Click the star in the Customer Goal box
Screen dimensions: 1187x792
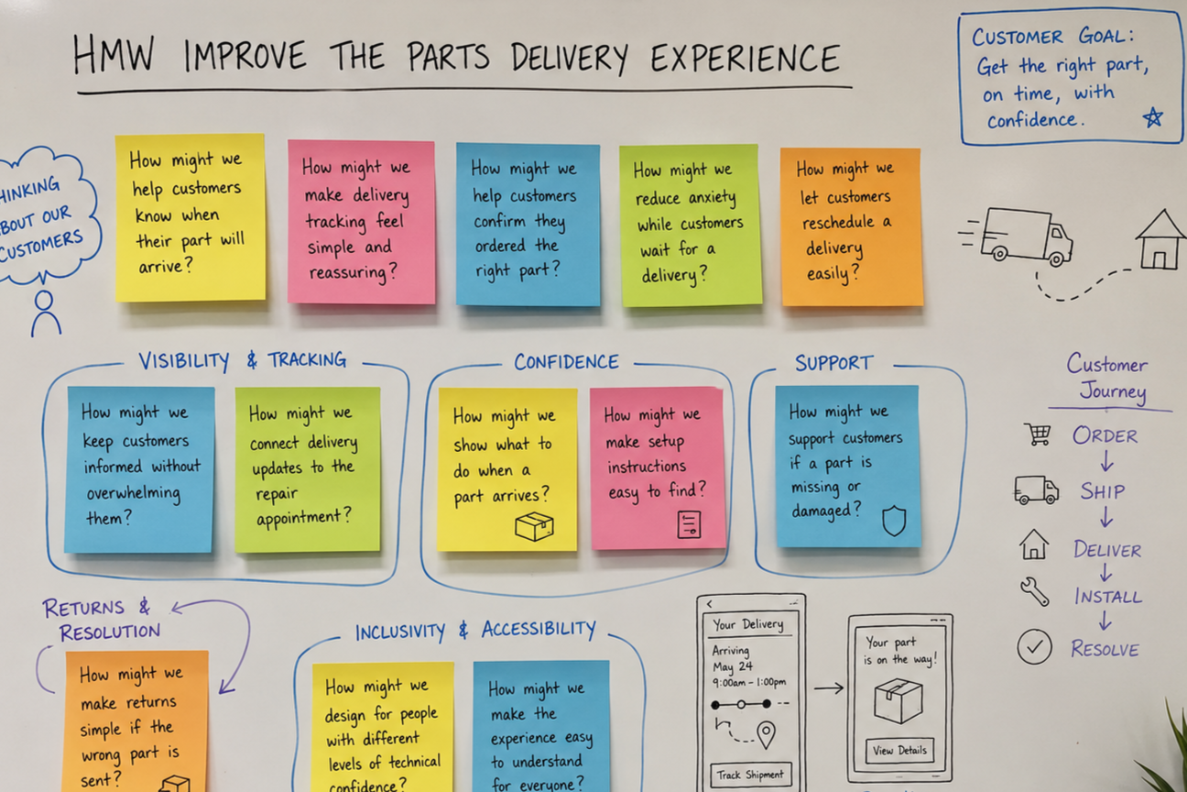pos(1152,117)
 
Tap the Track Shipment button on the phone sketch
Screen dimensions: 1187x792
pos(750,775)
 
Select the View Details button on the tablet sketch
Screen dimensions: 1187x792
pos(899,750)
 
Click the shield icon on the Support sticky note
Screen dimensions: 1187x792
pos(894,521)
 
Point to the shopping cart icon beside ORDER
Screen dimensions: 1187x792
pos(1038,434)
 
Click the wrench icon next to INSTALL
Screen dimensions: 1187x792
pos(1034,591)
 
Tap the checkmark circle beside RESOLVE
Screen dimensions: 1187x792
pos(1034,646)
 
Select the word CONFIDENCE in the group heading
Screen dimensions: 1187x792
pos(566,362)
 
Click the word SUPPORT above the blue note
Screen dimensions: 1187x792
pos(833,363)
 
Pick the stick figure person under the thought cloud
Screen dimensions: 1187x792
pos(46,313)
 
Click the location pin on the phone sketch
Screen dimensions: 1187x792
pos(767,735)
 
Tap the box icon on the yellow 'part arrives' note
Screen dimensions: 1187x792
pos(534,526)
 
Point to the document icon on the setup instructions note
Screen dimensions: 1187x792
pos(690,524)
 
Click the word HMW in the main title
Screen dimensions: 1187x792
pos(114,54)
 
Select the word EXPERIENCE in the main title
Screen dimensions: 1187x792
pos(746,58)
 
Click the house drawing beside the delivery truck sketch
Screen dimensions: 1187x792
pos(1160,239)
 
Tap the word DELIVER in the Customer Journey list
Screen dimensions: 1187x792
pos(1107,550)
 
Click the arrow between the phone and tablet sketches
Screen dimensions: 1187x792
pos(829,688)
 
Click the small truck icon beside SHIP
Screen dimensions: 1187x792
pos(1036,489)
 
